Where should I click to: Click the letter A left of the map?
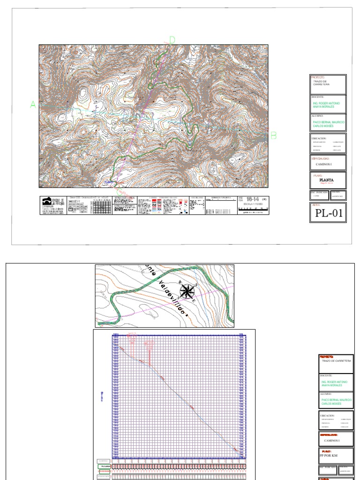click(x=33, y=105)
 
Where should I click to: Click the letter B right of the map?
click(x=274, y=135)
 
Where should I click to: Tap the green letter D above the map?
click(x=172, y=40)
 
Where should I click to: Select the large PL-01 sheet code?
click(x=328, y=213)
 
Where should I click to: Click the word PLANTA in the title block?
click(x=326, y=179)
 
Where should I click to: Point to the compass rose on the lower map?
click(x=187, y=291)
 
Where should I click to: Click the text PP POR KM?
click(x=328, y=456)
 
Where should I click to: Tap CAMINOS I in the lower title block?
click(x=332, y=441)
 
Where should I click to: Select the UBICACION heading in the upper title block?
click(x=319, y=138)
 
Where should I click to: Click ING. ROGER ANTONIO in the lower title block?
click(x=335, y=382)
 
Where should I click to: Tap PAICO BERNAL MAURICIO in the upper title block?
click(x=329, y=122)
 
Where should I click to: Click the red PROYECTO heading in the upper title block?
click(x=318, y=77)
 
